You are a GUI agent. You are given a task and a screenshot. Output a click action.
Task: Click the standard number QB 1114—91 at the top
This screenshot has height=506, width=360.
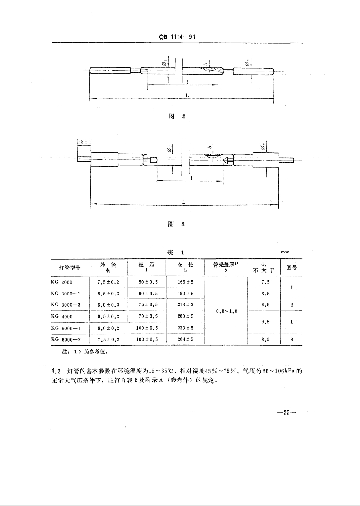[x=180, y=37]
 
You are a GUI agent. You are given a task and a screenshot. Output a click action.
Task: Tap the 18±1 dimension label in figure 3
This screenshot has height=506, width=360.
[x=83, y=142]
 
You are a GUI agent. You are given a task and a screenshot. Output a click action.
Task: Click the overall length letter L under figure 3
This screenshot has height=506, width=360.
[x=184, y=202]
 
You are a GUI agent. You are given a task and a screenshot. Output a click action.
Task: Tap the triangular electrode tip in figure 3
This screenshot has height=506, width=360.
[x=226, y=160]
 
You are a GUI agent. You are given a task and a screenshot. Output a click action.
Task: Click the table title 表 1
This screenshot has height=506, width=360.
[x=177, y=252]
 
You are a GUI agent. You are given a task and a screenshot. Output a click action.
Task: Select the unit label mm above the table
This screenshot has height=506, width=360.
[x=285, y=252]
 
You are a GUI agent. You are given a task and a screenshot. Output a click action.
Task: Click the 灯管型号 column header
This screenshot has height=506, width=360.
[x=70, y=268]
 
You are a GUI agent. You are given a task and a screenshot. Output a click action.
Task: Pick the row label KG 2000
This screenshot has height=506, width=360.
[x=62, y=282]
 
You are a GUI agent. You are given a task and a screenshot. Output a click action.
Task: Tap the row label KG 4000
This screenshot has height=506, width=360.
[x=62, y=316]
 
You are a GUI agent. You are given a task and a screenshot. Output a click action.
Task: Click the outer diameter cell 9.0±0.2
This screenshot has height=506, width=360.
[x=108, y=328]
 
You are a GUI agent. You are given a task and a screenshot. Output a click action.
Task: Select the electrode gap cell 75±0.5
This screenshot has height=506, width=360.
[x=148, y=304]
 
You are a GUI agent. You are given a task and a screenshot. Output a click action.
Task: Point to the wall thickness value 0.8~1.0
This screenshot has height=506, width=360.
[x=227, y=311]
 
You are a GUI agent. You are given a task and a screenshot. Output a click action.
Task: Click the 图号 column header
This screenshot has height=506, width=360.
[x=288, y=268]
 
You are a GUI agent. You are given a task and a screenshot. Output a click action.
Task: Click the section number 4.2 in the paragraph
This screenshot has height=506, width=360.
[x=56, y=371]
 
